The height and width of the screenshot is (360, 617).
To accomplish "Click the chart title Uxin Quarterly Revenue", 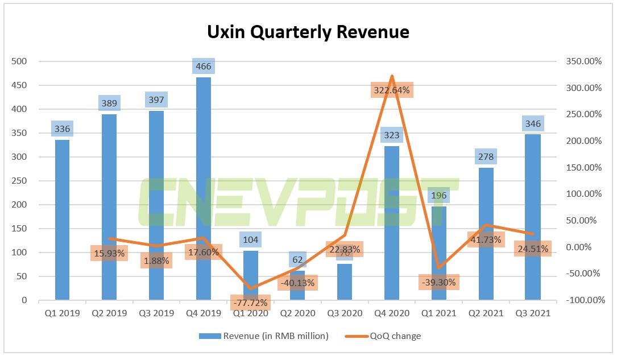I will click(308, 32).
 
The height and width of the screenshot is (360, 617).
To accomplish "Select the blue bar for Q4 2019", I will click(203, 188).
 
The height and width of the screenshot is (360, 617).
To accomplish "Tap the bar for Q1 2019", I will click(62, 219).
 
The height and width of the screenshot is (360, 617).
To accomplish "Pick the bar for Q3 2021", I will click(533, 216).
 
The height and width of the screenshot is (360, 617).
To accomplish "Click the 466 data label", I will click(203, 67).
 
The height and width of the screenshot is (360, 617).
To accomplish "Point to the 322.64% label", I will click(391, 90).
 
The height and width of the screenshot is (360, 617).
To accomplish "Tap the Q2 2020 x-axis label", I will click(297, 313).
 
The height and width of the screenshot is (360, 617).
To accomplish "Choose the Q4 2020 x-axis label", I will click(391, 313).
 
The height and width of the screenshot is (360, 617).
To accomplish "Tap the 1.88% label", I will click(156, 260).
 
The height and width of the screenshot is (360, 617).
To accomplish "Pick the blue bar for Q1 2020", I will click(250, 275).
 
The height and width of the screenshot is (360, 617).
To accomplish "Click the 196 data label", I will click(439, 196).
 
